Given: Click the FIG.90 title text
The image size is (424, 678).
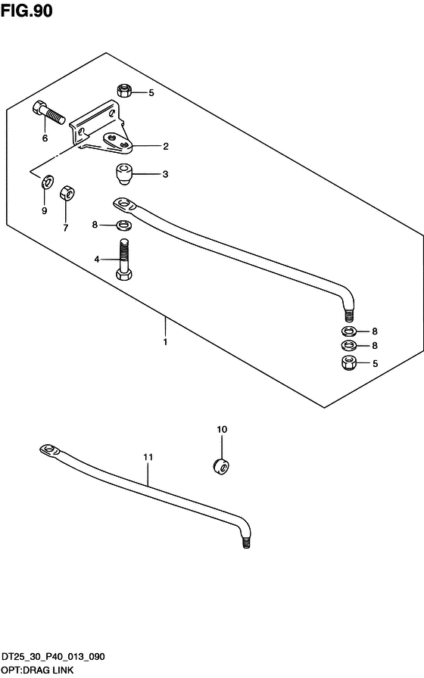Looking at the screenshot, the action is click(x=26, y=11).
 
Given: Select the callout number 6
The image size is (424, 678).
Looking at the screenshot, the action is click(x=45, y=138).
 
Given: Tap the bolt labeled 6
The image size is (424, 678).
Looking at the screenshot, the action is click(x=48, y=113).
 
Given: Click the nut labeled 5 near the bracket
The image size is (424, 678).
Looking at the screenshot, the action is click(x=124, y=90).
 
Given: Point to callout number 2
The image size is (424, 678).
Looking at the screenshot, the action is click(x=166, y=146).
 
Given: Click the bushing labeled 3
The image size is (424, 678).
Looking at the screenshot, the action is click(x=124, y=174).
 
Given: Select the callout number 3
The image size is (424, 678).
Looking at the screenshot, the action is click(x=165, y=174).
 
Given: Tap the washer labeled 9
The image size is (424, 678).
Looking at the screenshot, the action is click(x=48, y=182).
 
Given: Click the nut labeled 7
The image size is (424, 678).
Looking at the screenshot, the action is click(x=67, y=193).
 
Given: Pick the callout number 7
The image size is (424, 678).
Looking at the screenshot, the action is click(x=66, y=228).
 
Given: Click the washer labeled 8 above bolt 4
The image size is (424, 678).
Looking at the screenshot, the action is click(x=124, y=225).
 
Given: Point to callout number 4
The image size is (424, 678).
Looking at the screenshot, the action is click(x=97, y=259).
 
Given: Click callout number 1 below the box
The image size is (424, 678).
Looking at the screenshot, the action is click(x=165, y=342).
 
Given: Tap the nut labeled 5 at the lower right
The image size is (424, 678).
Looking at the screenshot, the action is click(x=349, y=362).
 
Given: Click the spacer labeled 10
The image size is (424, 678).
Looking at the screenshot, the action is click(x=221, y=467).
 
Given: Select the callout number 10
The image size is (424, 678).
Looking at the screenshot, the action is click(x=222, y=429).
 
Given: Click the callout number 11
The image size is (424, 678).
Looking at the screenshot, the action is click(x=148, y=457).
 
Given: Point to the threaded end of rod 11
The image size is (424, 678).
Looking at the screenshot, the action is click(x=246, y=543).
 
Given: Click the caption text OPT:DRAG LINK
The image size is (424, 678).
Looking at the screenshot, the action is click(x=38, y=670).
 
